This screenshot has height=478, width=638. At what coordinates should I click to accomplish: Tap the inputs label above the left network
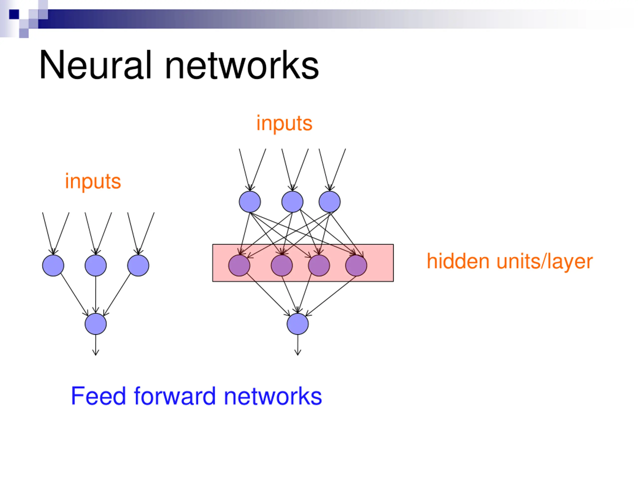click(x=93, y=182)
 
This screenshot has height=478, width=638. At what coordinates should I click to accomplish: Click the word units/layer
click(x=544, y=262)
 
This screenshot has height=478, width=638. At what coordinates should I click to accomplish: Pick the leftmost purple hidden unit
click(x=239, y=265)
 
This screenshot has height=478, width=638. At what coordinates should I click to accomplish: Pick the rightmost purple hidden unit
click(x=356, y=265)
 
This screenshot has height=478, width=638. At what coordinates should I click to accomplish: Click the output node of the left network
click(x=96, y=324)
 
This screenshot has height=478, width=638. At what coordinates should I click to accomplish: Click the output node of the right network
click(x=298, y=324)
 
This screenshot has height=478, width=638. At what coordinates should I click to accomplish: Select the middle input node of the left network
click(x=96, y=265)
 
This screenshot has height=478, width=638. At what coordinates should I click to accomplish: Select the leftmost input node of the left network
click(x=53, y=265)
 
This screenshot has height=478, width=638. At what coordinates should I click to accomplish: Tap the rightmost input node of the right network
click(x=329, y=202)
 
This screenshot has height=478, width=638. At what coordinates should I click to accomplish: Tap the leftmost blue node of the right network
click(x=250, y=202)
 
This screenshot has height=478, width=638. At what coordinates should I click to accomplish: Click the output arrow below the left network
click(x=96, y=345)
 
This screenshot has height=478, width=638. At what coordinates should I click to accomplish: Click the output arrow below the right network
click(x=298, y=345)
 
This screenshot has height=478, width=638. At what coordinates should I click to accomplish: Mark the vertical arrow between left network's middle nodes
click(x=96, y=295)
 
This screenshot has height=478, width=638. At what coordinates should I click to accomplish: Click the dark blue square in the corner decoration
click(x=14, y=14)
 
